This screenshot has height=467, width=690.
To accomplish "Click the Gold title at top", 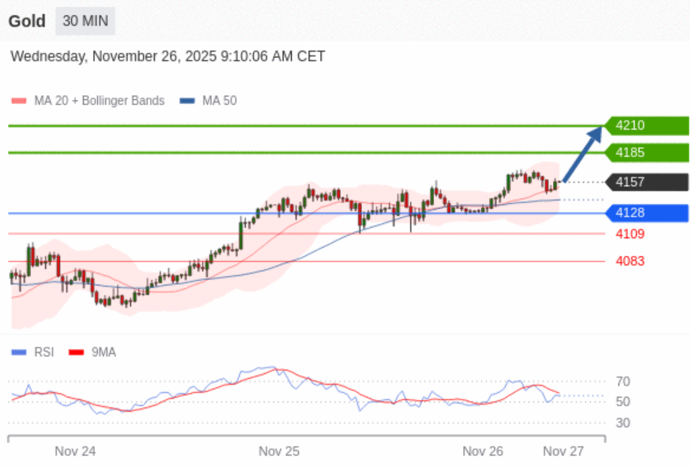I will click(27, 21).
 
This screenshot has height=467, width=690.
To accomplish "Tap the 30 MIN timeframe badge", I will click(85, 21).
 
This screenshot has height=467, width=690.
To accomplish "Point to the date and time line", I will click(167, 57).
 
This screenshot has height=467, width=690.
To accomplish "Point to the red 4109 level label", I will click(630, 234).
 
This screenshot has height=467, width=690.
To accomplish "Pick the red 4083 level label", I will click(630, 261).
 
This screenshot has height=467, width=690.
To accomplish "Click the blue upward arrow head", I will click(596, 132).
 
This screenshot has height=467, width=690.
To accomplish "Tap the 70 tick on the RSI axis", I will click(623, 382).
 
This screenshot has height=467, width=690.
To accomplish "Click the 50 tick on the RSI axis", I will click(623, 402).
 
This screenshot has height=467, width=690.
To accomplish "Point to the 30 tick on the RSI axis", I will click(623, 423).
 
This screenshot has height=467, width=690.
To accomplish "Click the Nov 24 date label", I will click(75, 451).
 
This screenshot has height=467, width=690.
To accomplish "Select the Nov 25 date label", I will click(279, 451).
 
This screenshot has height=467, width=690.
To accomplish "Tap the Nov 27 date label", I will click(564, 451).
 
